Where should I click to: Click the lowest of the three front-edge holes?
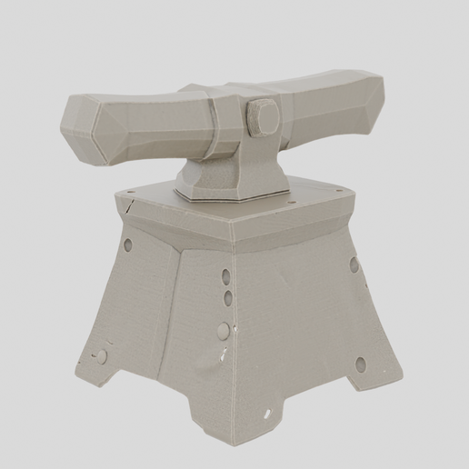(221, 331)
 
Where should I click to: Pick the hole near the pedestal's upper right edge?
(354, 265)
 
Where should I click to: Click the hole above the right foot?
(360, 364)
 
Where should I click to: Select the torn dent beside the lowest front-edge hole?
(215, 358)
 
